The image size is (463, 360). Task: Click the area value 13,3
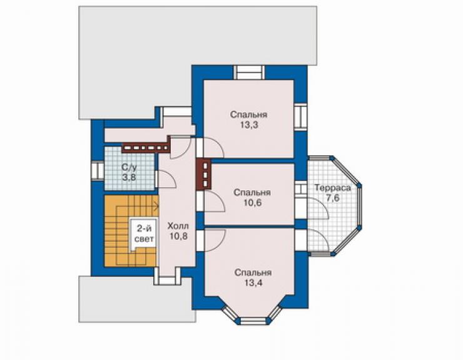point(249,125)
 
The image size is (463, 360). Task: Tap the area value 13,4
point(253,283)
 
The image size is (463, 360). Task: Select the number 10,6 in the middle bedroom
point(252,203)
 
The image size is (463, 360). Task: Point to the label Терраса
point(332,188)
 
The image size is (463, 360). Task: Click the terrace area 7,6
point(333,198)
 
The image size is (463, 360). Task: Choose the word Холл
point(178,227)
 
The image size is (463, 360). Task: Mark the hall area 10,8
point(178,237)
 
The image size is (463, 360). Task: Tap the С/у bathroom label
point(130,167)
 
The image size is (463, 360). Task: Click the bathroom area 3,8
point(130,177)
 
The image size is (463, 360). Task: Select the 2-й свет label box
point(143,234)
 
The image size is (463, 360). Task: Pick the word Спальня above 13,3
point(248,115)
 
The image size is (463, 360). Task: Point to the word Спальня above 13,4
point(253,273)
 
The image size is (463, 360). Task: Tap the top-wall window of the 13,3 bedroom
point(249,73)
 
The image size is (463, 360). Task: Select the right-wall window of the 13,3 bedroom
point(300,116)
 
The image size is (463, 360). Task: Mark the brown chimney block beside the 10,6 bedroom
point(204,174)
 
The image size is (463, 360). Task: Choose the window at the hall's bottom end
point(168,276)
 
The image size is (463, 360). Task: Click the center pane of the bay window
point(253,321)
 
